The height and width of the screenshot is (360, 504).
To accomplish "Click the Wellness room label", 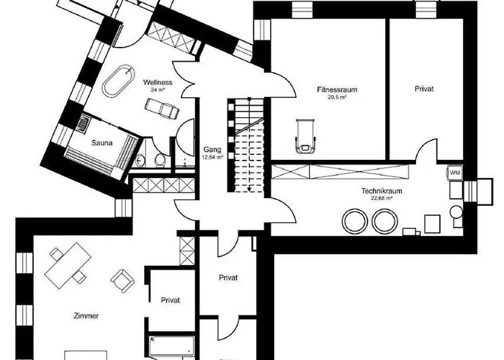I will [x=157, y=82].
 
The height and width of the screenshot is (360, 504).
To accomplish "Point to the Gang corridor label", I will [x=212, y=149].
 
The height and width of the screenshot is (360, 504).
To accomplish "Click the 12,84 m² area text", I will [x=212, y=156].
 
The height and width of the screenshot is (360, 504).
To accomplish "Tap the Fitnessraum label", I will [x=337, y=90].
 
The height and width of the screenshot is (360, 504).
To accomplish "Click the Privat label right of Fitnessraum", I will [x=425, y=90].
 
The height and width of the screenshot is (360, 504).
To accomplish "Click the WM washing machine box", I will [x=454, y=174].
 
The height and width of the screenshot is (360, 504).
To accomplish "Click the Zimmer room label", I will [x=86, y=316].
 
